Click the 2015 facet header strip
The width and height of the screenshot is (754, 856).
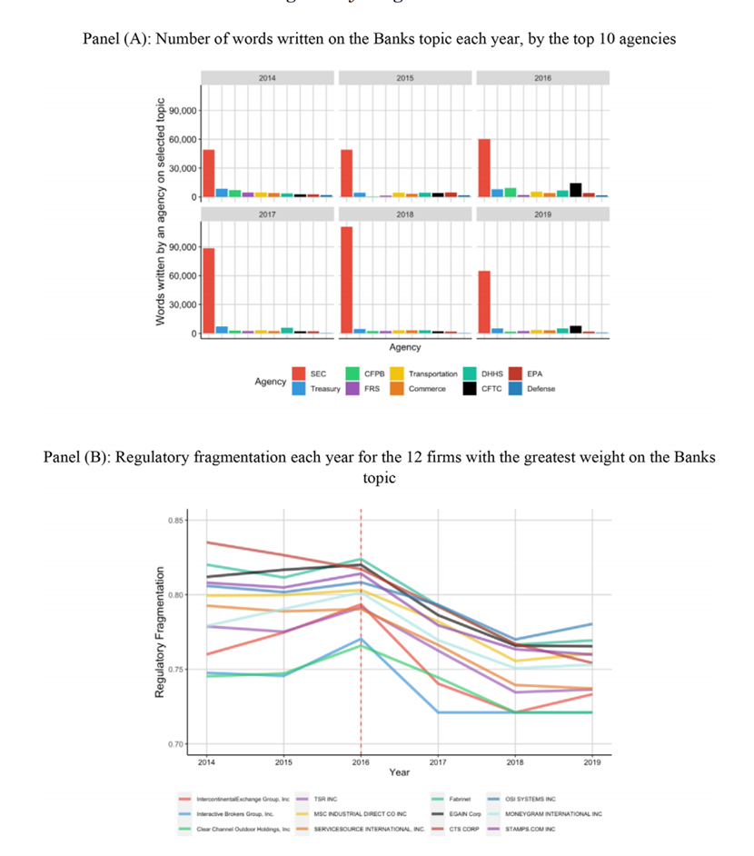405,78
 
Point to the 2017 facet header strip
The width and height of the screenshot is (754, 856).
267,214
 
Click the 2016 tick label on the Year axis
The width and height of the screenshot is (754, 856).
361,761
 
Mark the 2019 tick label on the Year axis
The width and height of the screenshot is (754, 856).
591,761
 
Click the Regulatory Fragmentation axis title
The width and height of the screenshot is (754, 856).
160,632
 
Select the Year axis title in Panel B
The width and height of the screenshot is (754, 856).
399,772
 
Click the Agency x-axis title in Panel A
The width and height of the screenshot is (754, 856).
404,347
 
